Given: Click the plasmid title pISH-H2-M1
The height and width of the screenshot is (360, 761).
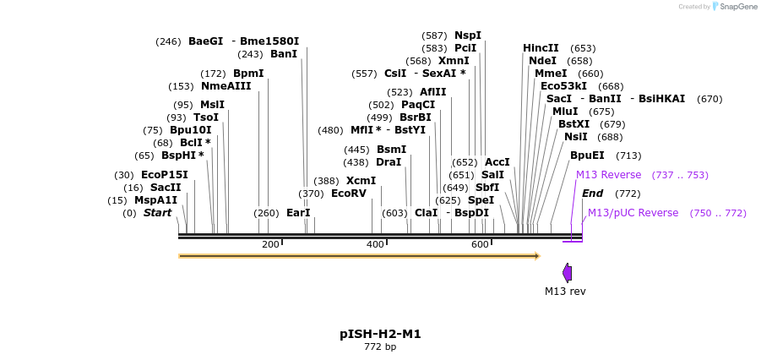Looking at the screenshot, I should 380,334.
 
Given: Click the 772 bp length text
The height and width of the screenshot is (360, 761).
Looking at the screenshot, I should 380,347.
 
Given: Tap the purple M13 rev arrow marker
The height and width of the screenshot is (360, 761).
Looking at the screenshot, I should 568,272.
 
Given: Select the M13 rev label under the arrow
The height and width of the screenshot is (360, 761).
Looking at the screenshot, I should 565,292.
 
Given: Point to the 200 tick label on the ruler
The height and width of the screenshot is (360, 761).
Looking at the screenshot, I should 270,244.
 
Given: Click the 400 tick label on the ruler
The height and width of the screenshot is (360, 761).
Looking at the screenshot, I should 375,244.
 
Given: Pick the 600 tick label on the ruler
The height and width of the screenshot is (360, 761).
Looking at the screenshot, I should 480,244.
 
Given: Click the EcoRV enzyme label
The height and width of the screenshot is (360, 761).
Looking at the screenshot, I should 349,194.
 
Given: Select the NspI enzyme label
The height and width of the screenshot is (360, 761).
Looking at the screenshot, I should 468,35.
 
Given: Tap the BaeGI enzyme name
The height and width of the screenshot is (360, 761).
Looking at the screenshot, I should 205,41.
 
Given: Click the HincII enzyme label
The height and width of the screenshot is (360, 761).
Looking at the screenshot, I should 541,48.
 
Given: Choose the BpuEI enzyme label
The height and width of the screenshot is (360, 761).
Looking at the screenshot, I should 587,155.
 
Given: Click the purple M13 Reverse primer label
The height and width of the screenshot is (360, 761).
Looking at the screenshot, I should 608,175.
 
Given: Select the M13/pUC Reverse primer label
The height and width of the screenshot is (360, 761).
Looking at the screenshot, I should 633,213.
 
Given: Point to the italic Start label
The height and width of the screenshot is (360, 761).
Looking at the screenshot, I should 157,213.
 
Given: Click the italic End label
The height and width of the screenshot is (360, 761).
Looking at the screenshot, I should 592,194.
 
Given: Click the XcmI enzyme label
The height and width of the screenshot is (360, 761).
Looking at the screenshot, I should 361,181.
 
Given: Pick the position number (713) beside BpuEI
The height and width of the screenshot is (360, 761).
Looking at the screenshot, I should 628,155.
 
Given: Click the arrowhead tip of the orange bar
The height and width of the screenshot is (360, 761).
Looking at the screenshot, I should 538,255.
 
